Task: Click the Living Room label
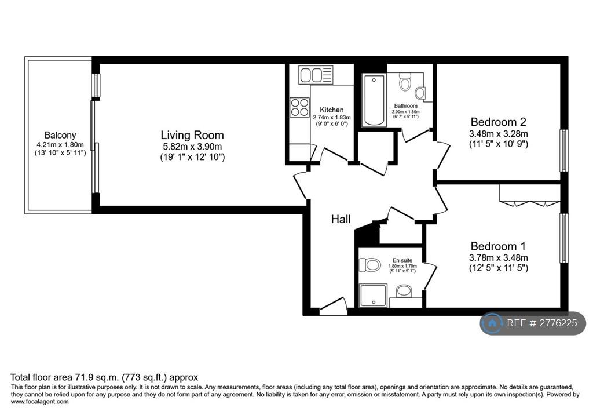tap(192, 135)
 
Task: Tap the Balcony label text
tap(60, 135)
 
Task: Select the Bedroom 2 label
tap(499, 122)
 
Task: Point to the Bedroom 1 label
tap(498, 246)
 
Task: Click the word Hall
tap(341, 219)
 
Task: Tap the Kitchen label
tap(332, 110)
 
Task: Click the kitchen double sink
tap(316, 75)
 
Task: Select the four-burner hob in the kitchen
tap(299, 107)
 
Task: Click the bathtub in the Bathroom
tap(374, 100)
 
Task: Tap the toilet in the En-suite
tap(369, 265)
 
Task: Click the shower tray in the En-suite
tap(373, 296)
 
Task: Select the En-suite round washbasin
tap(404, 291)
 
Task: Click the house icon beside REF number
tap(492, 323)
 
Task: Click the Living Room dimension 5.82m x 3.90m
tap(192, 146)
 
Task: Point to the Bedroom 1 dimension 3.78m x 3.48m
tap(499, 258)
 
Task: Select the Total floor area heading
tap(104, 377)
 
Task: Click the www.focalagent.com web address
tap(40, 402)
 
